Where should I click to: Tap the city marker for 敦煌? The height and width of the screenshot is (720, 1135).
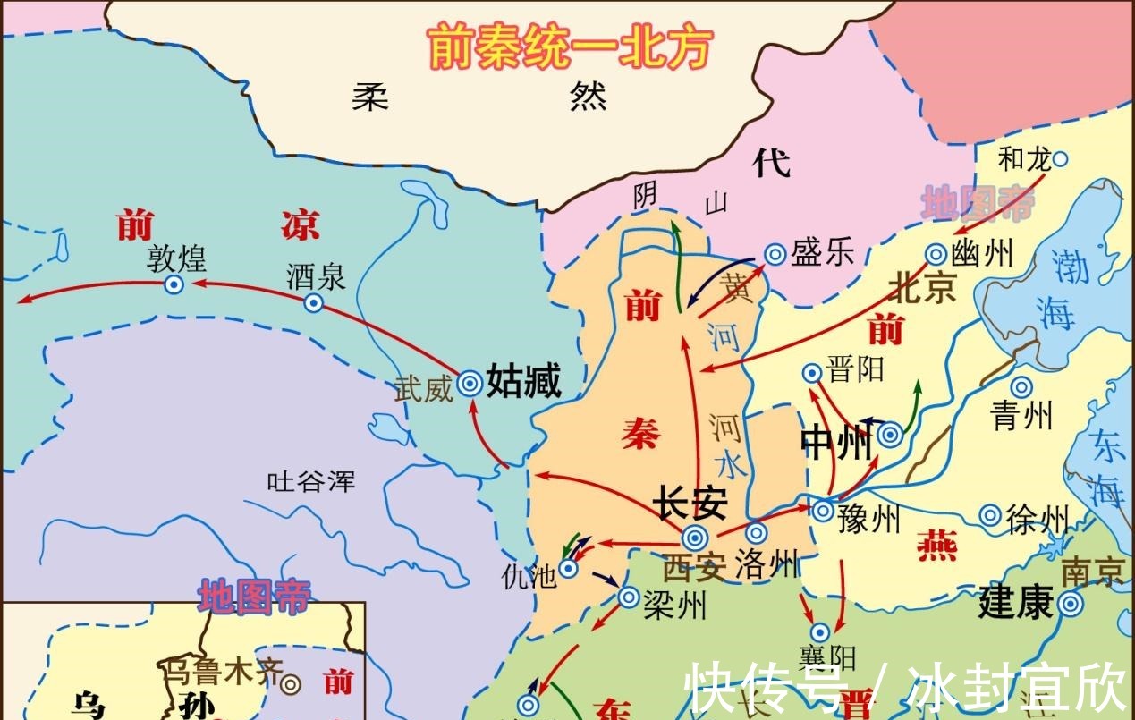(x=174, y=284)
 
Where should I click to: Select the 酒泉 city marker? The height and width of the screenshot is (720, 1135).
(x=313, y=303)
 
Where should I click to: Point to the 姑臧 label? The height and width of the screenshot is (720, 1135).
(x=524, y=382)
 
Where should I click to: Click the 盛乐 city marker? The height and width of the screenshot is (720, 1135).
(x=775, y=254)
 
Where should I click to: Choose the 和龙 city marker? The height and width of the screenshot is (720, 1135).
(x=1060, y=159)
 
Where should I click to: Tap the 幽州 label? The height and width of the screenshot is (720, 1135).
(x=984, y=254)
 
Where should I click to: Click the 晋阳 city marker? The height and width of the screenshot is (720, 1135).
(x=812, y=373)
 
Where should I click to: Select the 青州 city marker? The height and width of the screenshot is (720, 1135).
(x=1021, y=387)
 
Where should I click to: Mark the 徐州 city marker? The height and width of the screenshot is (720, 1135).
(x=990, y=515)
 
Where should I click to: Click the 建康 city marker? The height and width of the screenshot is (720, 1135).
(x=1070, y=605)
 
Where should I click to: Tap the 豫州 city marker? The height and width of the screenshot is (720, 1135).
(x=824, y=511)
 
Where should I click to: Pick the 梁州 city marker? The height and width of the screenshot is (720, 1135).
(x=629, y=597)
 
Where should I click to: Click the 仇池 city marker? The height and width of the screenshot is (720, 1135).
(x=568, y=568)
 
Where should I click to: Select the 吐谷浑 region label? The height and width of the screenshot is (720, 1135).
(x=311, y=481)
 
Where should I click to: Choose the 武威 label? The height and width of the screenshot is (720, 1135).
(x=424, y=390)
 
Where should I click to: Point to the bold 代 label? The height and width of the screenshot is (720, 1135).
(x=771, y=163)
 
